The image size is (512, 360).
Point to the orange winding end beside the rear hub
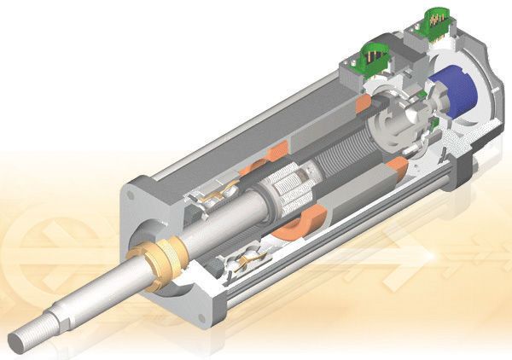tap(396, 165)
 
